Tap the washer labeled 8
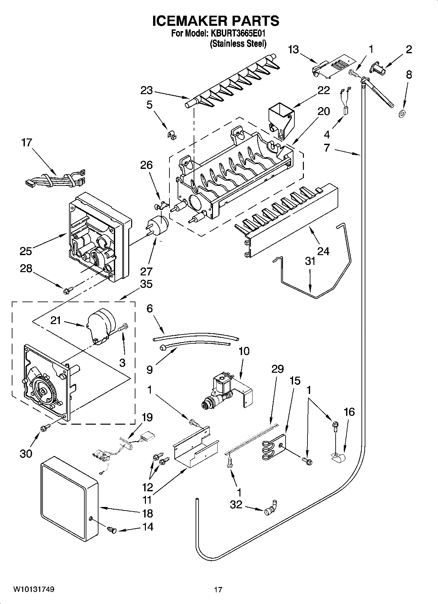401,114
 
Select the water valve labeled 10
226,389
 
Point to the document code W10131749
34,590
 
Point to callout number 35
146,284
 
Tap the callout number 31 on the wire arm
310,261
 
